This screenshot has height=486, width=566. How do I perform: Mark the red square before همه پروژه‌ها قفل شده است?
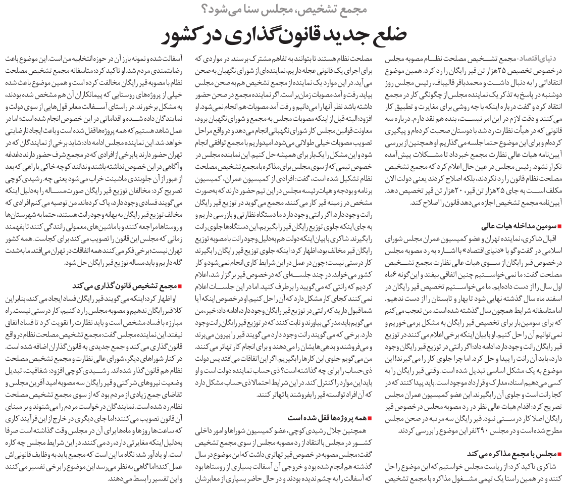(371, 418)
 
